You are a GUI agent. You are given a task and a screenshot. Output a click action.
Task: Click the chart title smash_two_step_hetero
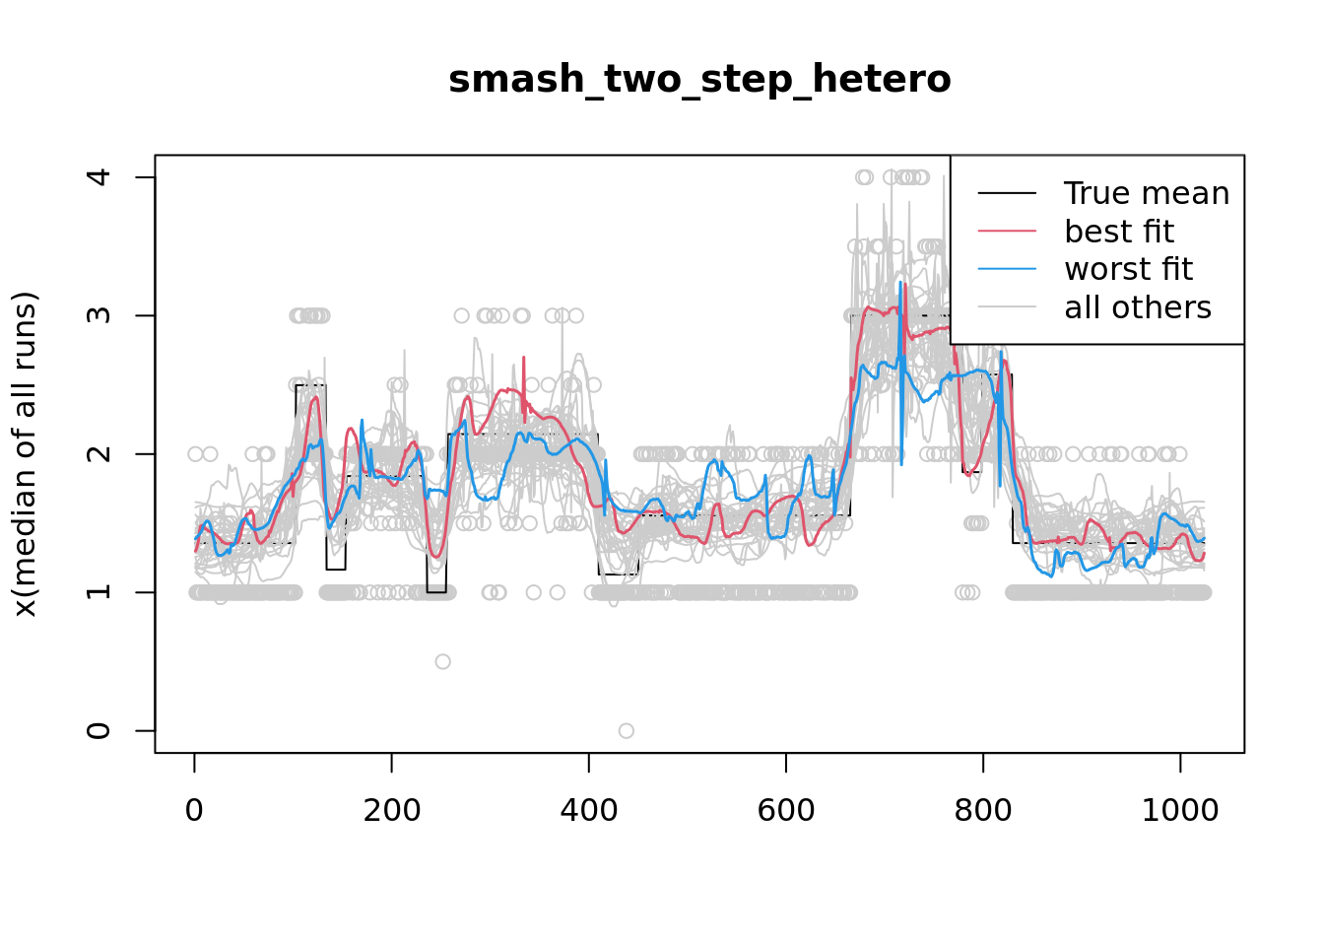[x=699, y=80]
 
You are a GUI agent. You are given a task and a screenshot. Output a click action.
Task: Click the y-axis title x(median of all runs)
[x=25, y=454]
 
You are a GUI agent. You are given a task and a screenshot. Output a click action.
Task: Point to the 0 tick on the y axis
[x=99, y=730]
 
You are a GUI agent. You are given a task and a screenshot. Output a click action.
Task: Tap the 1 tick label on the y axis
[x=99, y=592]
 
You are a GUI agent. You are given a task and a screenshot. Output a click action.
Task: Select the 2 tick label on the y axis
[x=99, y=454]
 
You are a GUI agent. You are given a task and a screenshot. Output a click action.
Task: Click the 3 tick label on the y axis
[x=99, y=315]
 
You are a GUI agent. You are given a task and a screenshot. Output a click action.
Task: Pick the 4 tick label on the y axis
[x=99, y=177]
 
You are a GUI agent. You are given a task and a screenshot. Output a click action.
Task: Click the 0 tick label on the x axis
[x=194, y=811]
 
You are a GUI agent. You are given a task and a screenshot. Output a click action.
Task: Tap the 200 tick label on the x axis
[x=391, y=811]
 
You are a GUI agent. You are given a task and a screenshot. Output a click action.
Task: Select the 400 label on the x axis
[x=588, y=811]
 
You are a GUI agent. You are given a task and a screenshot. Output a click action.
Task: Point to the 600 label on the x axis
[x=785, y=811]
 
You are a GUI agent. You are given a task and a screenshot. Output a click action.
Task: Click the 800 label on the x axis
[x=982, y=811]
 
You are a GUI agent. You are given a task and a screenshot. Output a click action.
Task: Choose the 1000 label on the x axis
[x=1179, y=811]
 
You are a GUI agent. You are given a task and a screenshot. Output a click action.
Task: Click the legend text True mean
[x=1147, y=193]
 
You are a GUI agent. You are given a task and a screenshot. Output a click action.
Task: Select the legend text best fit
[x=1119, y=232]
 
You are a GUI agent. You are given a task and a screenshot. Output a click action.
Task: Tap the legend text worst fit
[x=1128, y=269]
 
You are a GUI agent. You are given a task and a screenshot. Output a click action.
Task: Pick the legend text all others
[x=1138, y=307]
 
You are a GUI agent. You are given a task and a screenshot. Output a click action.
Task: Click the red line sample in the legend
[x=1007, y=232]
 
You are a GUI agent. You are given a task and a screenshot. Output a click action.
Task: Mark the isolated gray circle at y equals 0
[x=627, y=730]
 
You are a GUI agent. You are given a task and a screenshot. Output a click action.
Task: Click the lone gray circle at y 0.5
[x=443, y=661]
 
